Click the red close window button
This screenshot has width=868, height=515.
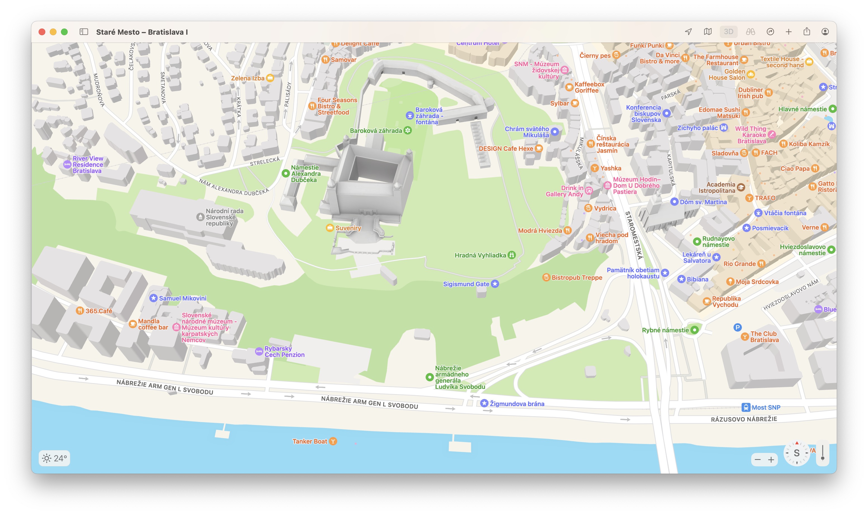42,32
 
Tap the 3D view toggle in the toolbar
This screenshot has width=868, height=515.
728,32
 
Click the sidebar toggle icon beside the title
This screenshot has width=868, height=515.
84,32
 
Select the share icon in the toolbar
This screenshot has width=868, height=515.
806,32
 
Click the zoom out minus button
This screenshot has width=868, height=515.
758,460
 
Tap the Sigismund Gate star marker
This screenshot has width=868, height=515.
495,284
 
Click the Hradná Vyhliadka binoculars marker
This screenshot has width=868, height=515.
511,255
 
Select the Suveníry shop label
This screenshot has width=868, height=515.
348,228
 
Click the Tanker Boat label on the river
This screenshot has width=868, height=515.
310,441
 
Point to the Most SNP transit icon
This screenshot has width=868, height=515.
746,407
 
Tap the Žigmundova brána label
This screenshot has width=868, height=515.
517,404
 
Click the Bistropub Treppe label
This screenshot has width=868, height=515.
576,278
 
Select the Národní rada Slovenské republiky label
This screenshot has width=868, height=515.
224,217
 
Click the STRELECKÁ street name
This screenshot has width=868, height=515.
265,162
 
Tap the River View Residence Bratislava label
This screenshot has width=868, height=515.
88,164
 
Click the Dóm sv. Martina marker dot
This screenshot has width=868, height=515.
674,202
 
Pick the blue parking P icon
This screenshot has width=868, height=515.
737,327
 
